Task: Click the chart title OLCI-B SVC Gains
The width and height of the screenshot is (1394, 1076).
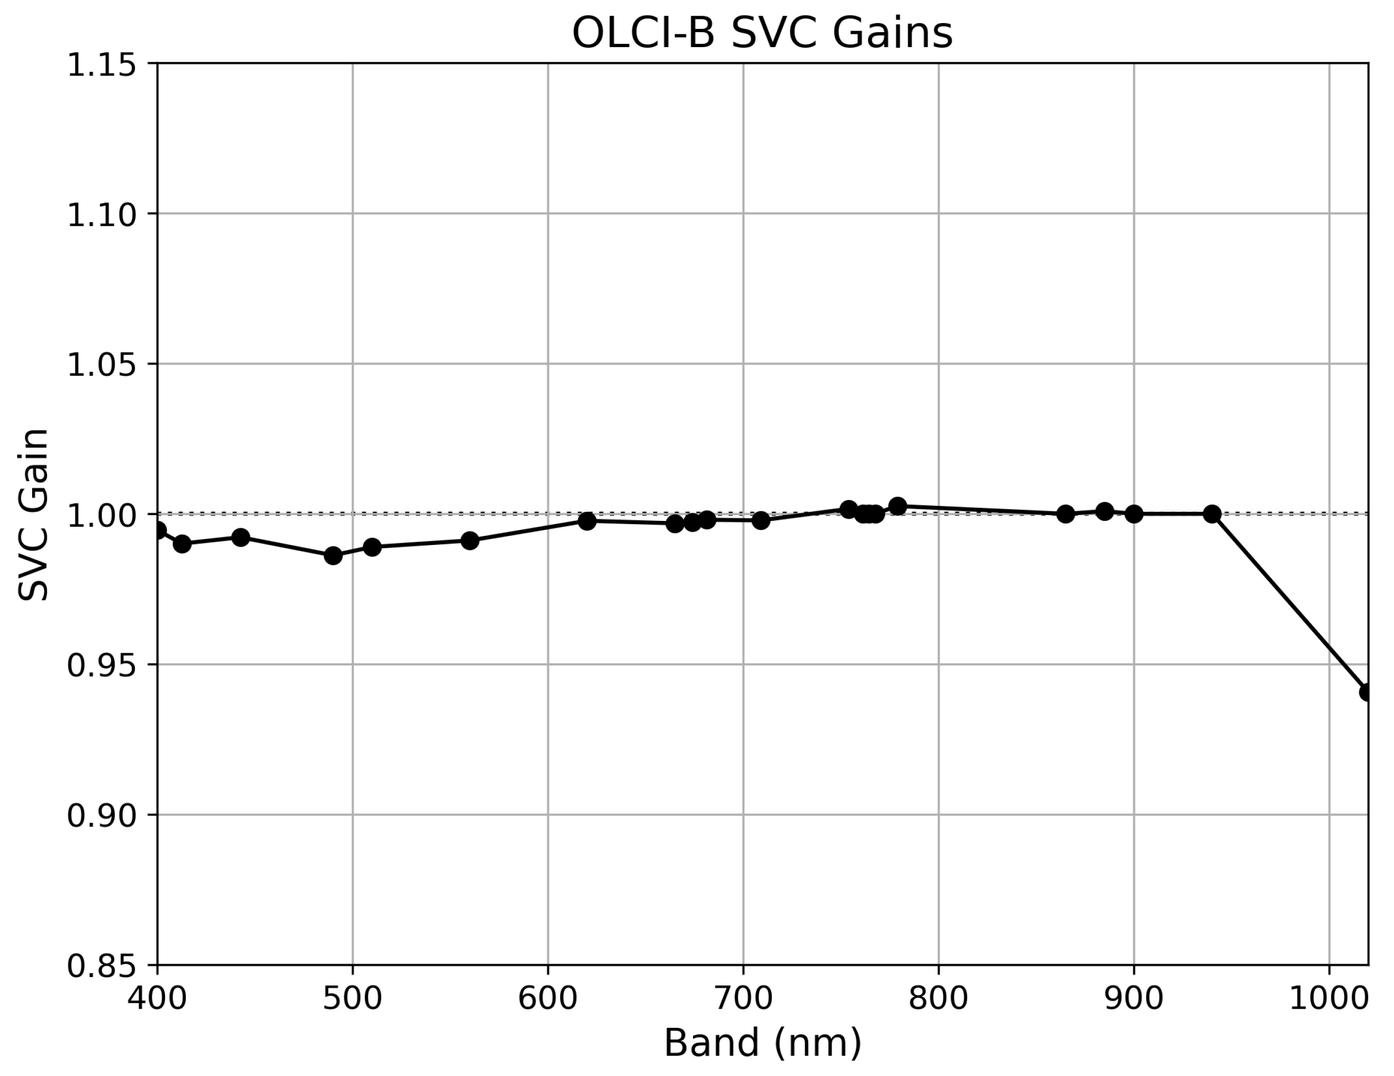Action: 762,33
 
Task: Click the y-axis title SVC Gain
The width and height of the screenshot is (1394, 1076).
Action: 33,514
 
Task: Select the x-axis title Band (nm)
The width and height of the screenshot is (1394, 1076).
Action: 763,1043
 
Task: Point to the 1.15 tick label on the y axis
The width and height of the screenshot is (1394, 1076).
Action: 102,65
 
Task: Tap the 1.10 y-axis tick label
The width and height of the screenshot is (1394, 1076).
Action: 102,215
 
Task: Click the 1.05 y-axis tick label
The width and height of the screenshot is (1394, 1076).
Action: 102,365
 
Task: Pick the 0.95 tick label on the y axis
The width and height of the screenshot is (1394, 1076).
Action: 102,665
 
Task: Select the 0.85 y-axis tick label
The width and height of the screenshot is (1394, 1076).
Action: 102,966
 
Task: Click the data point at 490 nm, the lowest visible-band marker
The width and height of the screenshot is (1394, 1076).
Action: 333,555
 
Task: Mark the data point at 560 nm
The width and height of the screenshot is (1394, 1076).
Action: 470,541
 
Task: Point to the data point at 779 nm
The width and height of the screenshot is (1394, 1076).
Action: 898,506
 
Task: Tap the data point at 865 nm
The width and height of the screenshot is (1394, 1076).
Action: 1065,514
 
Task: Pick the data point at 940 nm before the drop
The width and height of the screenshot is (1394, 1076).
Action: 1212,514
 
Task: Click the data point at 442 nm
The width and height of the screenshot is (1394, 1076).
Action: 240,537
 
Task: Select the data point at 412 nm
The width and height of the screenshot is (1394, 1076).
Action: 182,544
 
